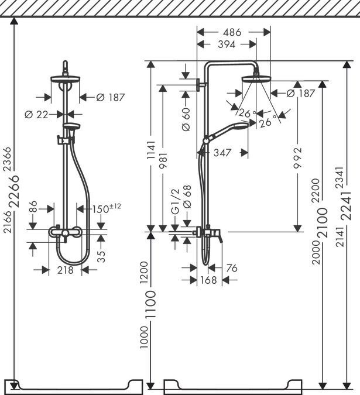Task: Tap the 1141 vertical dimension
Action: click(x=150, y=153)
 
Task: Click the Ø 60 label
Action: click(x=186, y=119)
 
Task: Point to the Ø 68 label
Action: click(x=187, y=195)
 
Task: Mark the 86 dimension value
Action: click(x=33, y=207)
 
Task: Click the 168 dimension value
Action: click(x=208, y=280)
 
